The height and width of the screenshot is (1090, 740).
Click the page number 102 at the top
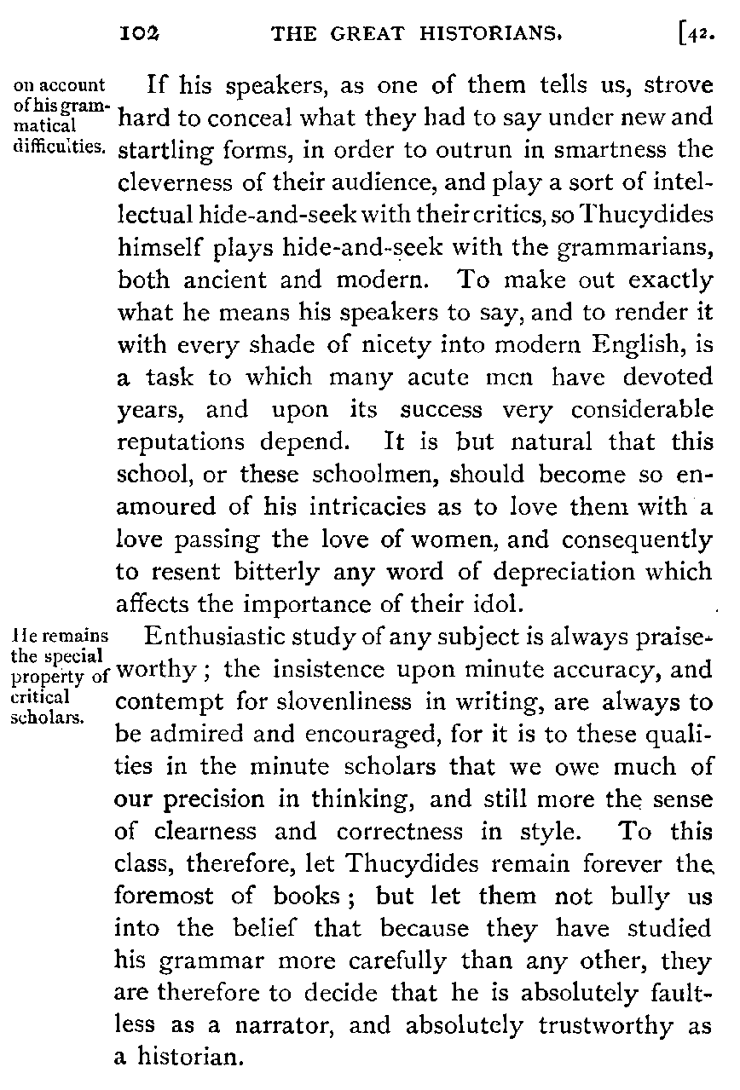142,33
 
